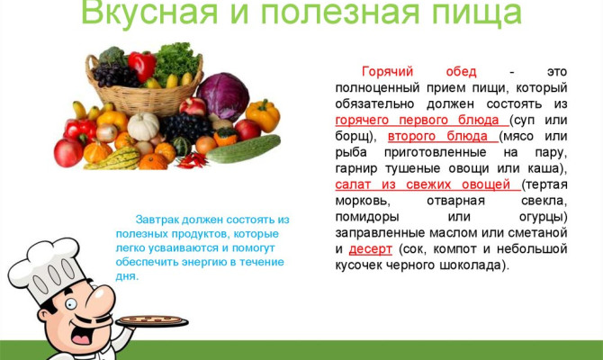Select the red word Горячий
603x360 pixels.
tap(387, 71)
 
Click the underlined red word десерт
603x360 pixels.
tap(370, 249)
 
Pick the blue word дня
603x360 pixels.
tap(126, 276)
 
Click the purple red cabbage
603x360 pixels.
tap(222, 96)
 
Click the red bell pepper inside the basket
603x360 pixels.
tap(141, 65)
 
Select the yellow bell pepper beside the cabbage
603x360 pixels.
tap(262, 115)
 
